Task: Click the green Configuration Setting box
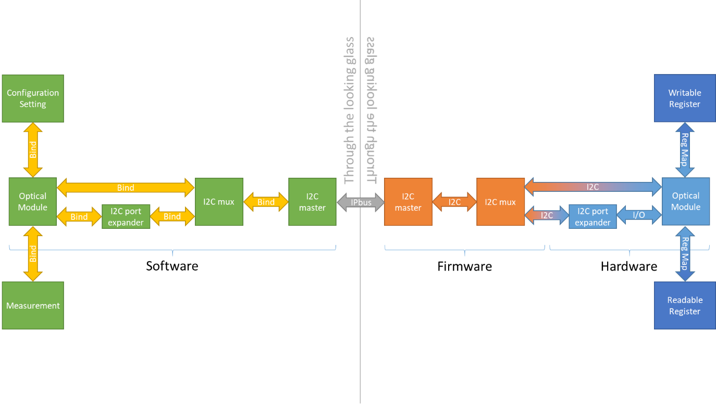(x=33, y=99)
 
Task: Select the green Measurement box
(x=33, y=305)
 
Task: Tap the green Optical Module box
(x=32, y=202)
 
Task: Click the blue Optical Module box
(x=686, y=201)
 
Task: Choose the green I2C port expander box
(x=126, y=216)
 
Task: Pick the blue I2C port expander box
(x=592, y=216)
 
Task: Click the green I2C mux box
(x=219, y=202)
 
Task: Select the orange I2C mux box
(x=500, y=202)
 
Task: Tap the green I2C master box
(x=312, y=202)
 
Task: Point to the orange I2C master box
(x=408, y=202)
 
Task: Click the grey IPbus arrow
(x=361, y=202)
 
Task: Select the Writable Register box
(x=684, y=99)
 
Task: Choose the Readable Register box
(x=684, y=305)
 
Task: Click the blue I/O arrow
(x=639, y=215)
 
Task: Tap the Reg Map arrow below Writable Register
(x=685, y=150)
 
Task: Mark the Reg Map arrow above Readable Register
(x=685, y=254)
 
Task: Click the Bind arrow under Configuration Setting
(x=33, y=150)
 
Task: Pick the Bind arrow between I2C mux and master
(x=266, y=202)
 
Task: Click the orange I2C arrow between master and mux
(x=454, y=202)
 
